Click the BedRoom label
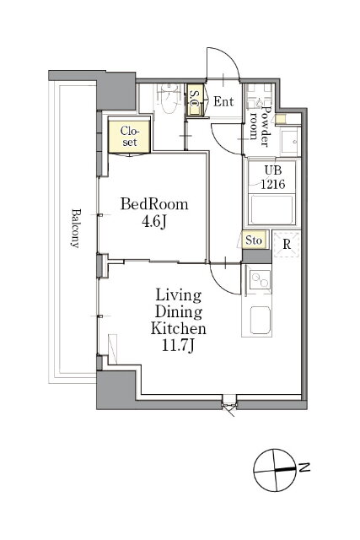coord(154,204)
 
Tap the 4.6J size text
coord(154,222)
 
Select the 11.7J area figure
coord(178,345)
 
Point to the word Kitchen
coord(178,328)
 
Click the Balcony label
coord(76,228)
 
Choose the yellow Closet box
coord(129,135)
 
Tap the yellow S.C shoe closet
coord(195,100)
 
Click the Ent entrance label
coord(223,101)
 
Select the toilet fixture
coord(167,99)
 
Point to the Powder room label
coord(260,126)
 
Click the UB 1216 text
coord(272,177)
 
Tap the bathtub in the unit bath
coord(271,210)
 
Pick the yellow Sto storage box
coord(254,240)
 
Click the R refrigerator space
coord(287,244)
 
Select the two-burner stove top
coord(261,279)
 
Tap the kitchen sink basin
coord(261,320)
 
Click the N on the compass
coord(304,467)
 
